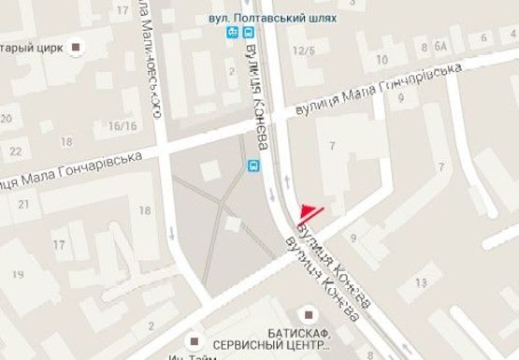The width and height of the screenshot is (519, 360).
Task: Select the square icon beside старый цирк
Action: coord(77,47)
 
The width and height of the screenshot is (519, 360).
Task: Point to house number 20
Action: coord(7,119)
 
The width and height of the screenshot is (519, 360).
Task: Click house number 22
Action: coord(15,150)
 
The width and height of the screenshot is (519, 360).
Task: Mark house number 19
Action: coord(17,273)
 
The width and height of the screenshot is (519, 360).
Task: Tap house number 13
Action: coord(423,281)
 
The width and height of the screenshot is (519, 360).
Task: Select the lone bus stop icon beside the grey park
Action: coord(252,166)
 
